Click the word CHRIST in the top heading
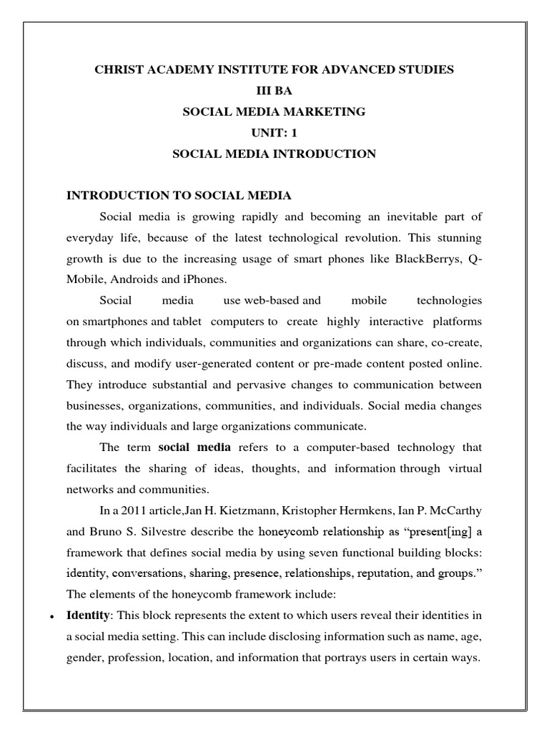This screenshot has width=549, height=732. point(118,70)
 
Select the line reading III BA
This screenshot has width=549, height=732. point(274,91)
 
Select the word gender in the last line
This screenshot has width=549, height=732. point(84,657)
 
